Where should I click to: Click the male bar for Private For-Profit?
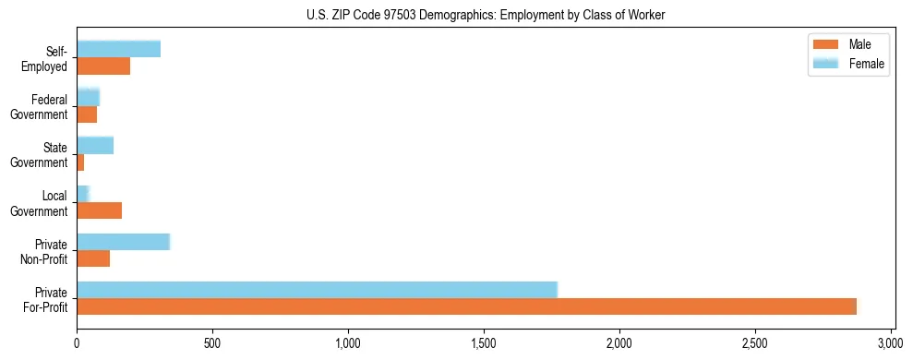(x=466, y=306)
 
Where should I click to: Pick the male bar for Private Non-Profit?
(x=93, y=258)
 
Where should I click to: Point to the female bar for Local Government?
(x=82, y=194)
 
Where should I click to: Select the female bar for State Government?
(x=95, y=145)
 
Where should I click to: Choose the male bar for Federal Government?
(x=87, y=114)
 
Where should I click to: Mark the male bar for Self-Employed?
(x=103, y=66)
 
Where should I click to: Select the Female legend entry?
(x=847, y=64)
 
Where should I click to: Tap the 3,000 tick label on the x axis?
(x=891, y=342)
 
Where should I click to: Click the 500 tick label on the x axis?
(x=212, y=342)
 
